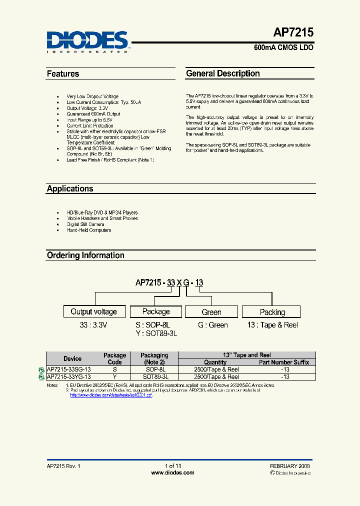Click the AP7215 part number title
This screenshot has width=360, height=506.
pos(293,33)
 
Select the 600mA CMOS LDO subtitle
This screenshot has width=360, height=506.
pos(283,48)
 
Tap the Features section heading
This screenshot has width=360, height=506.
pos(63,74)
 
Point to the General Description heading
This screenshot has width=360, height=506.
pos(223,73)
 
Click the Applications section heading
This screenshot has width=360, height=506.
pos(70,189)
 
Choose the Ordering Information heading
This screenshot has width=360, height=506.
pos(85,255)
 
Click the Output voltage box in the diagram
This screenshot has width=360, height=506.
pos(94,311)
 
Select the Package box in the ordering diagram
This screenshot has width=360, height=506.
pos(156,311)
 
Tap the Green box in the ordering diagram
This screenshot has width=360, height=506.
pos(211,312)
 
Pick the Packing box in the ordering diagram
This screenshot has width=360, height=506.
pos(272,312)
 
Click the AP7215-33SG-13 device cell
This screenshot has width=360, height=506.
pos(69,369)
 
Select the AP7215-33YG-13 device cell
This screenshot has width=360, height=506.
pos(69,376)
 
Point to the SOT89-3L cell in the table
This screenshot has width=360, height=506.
pos(155,376)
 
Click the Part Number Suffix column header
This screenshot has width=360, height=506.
pos(284,362)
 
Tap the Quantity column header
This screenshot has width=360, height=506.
pos(215,362)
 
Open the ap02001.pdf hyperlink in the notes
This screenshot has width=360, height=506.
pos(110,395)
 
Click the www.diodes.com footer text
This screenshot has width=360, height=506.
pos(172,472)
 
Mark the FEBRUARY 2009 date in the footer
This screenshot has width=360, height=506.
pos(289,466)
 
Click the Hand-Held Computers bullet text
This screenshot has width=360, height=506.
pos(89,230)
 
